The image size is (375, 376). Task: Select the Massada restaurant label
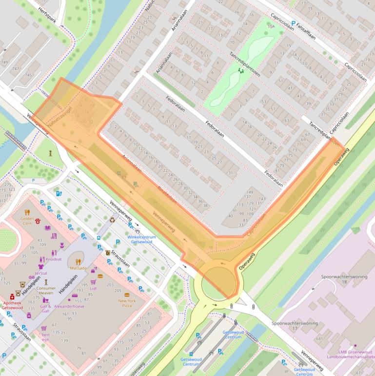[78, 268]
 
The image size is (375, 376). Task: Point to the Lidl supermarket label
[93, 288]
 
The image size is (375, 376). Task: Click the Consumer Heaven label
[46, 291]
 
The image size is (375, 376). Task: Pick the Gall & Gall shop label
[45, 308]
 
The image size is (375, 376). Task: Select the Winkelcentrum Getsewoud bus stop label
[140, 239]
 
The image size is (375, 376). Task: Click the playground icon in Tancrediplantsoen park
[240, 70]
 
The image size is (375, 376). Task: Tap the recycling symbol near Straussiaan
[113, 220]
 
